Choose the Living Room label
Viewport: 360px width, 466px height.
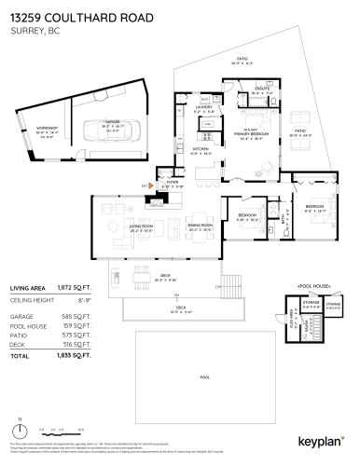pos(116,226)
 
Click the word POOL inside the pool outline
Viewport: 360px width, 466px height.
pos(205,378)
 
